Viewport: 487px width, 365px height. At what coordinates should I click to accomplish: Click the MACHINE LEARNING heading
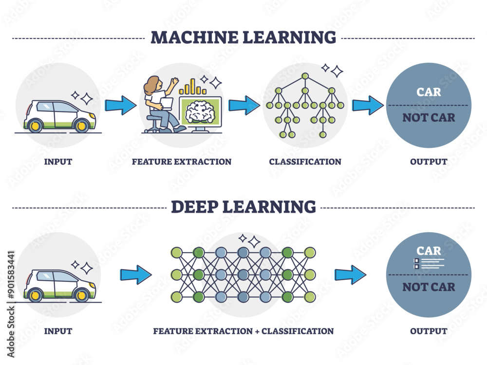(x=243, y=37)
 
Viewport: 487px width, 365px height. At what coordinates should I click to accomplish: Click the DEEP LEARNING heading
(x=243, y=206)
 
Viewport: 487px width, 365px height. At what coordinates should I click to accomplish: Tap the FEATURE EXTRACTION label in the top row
(x=181, y=162)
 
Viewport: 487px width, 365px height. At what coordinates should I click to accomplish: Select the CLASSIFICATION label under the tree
(x=305, y=162)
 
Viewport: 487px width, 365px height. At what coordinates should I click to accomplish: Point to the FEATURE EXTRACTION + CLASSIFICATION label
(x=243, y=331)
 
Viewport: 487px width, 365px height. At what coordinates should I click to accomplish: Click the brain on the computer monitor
(x=201, y=110)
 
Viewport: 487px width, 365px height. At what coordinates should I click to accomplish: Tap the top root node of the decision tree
(x=305, y=76)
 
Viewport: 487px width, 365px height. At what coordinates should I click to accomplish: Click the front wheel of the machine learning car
(x=81, y=126)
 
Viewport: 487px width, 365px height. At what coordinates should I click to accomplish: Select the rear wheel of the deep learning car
(x=35, y=295)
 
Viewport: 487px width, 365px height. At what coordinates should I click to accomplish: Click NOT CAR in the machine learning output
(x=429, y=117)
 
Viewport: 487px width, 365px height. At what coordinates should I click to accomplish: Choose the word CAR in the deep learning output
(x=429, y=251)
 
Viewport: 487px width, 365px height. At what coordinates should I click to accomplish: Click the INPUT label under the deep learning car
(x=58, y=331)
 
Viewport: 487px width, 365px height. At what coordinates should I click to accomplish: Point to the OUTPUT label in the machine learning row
(x=429, y=162)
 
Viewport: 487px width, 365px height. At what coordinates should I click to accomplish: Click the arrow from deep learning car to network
(x=136, y=274)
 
